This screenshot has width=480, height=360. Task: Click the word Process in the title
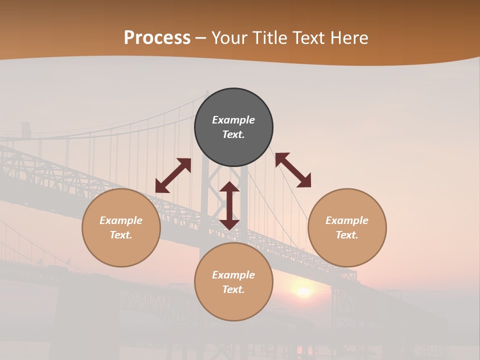pyautogui.click(x=157, y=38)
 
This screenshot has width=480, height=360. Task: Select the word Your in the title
pyautogui.click(x=230, y=38)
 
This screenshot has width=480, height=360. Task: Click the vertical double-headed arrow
pyautogui.click(x=229, y=205)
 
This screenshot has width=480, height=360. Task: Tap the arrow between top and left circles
pyautogui.click(x=173, y=175)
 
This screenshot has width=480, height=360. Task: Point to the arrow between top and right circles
pyautogui.click(x=293, y=170)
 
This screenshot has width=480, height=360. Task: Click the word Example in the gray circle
pyautogui.click(x=233, y=120)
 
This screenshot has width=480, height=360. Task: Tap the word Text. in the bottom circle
pyautogui.click(x=233, y=289)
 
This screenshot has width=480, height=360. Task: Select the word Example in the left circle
pyautogui.click(x=121, y=220)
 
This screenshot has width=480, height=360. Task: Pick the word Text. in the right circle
pyautogui.click(x=347, y=235)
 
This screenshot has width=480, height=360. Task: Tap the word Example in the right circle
pyautogui.click(x=347, y=220)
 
